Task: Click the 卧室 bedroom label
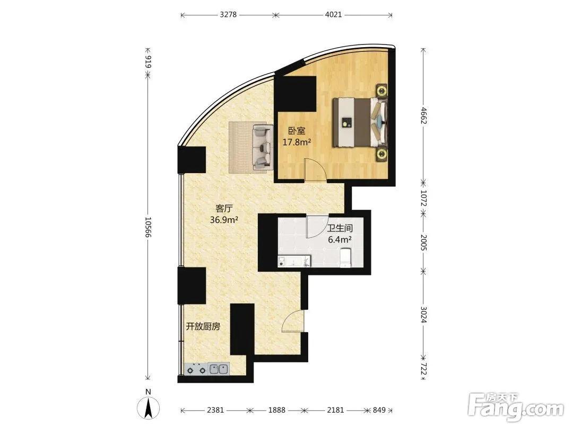pyautogui.click(x=297, y=131)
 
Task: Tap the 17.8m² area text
pyautogui.click(x=297, y=142)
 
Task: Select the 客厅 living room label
pyautogui.click(x=224, y=209)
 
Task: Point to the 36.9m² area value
pyautogui.click(x=224, y=220)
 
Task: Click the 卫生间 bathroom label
pyautogui.click(x=340, y=228)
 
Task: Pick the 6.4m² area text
pyautogui.click(x=340, y=240)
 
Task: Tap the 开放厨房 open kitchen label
pyautogui.click(x=203, y=326)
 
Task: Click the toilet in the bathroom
pyautogui.click(x=345, y=258)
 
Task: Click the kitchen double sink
pyautogui.click(x=219, y=369)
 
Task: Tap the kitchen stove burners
pyautogui.click(x=196, y=369)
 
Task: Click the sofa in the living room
pyautogui.click(x=263, y=147)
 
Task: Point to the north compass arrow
pyautogui.click(x=149, y=408)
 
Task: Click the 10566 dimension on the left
pyautogui.click(x=147, y=227)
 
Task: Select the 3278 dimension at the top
pyautogui.click(x=228, y=15)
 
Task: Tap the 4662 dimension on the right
pyautogui.click(x=423, y=115)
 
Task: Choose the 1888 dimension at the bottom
pyautogui.click(x=276, y=410)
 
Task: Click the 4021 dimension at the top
pyautogui.click(x=333, y=15)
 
